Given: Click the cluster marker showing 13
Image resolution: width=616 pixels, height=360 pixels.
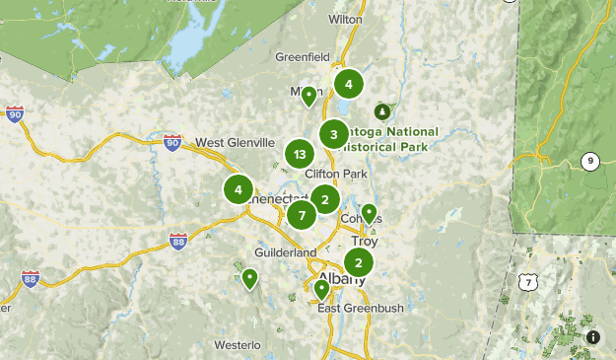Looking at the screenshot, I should click(x=300, y=155).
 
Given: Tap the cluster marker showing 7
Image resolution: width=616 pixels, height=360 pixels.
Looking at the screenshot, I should click(x=302, y=214).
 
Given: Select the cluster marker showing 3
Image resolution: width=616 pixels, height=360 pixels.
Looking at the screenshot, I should click(x=334, y=135).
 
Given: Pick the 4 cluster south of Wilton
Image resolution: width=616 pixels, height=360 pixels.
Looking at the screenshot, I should click(x=348, y=85).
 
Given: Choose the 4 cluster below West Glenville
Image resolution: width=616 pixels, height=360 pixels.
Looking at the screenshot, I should click(x=238, y=190).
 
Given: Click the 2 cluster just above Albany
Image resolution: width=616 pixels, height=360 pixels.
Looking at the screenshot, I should click(x=358, y=262).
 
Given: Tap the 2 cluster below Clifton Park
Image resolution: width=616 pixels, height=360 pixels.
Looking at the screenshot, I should click(x=324, y=200).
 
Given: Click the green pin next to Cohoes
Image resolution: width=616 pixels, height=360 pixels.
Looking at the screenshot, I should click(x=369, y=213).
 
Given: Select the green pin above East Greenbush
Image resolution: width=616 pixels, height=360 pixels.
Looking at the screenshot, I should click(x=321, y=289).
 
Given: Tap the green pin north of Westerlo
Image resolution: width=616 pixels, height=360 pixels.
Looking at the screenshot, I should click(x=250, y=279).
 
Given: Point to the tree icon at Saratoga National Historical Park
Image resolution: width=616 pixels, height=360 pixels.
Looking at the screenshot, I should click(x=381, y=111).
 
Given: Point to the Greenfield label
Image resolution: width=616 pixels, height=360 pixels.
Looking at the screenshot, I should click(x=302, y=57).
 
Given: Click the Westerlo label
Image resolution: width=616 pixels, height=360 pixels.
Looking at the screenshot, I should click(x=238, y=345).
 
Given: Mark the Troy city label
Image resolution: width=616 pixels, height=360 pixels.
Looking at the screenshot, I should click(x=365, y=241).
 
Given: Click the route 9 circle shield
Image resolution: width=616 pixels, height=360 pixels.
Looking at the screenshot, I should click(x=590, y=162).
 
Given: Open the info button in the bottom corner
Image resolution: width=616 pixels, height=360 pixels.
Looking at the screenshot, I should click(x=592, y=337).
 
